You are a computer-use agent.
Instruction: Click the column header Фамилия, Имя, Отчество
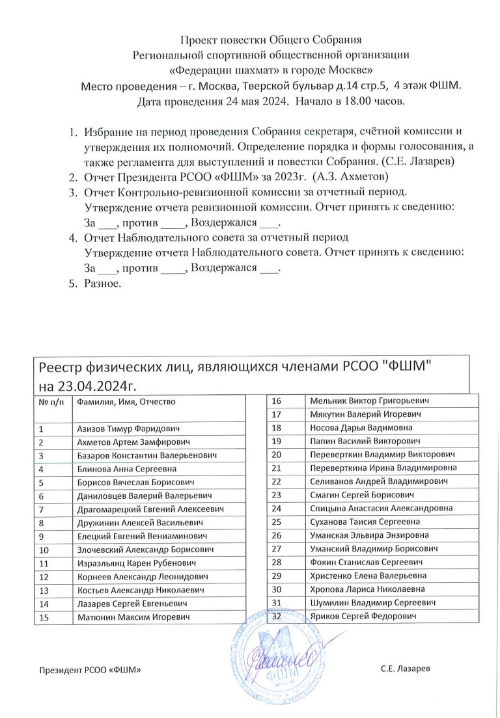[126, 402]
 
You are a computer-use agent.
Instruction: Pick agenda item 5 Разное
[102, 284]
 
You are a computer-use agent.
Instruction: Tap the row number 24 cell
[276, 508]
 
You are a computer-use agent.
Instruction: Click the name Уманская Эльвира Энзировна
[368, 535]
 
